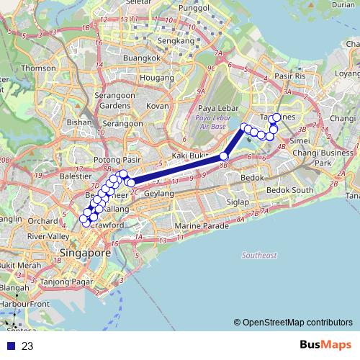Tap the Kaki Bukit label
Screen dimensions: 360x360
pyautogui.click(x=189, y=156)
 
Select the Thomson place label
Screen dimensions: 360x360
pyautogui.click(x=37, y=68)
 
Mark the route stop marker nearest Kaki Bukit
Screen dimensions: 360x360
pyautogui.click(x=224, y=156)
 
